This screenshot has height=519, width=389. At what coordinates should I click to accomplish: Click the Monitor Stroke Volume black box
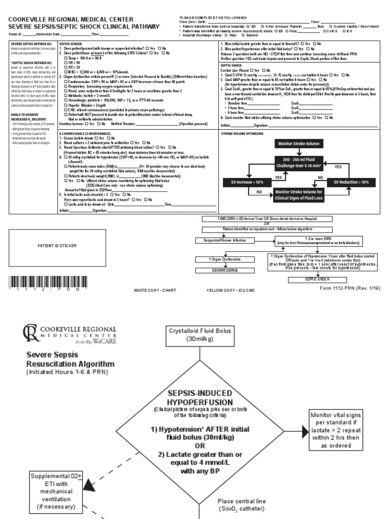tap(299, 144)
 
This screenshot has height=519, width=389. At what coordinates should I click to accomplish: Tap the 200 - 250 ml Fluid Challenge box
tap(299, 162)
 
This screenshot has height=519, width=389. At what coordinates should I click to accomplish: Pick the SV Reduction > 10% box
tap(351, 181)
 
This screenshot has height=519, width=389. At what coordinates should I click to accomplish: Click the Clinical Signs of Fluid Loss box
tap(299, 196)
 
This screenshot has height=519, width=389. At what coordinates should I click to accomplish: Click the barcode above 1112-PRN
tap(45, 282)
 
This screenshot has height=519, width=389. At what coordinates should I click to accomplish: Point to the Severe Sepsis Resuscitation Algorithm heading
tap(70, 359)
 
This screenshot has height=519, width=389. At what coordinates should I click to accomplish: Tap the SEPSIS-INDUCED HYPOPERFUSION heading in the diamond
tap(200, 398)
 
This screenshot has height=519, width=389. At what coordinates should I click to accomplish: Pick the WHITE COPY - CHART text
tap(155, 290)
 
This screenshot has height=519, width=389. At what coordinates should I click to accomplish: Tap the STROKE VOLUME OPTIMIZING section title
tap(243, 133)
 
